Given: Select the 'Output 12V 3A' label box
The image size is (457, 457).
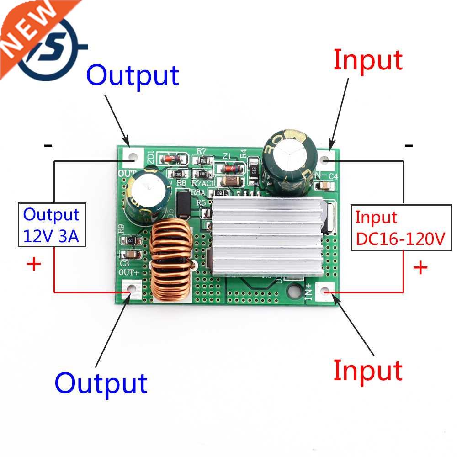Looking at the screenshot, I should coord(52,225).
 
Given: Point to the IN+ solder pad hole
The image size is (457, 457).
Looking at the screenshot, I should coord(325,292).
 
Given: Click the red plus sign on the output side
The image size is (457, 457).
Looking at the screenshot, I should coord(34,264).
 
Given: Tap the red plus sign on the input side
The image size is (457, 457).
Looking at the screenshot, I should coord(420,267).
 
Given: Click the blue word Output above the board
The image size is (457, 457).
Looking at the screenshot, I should coord(132,75).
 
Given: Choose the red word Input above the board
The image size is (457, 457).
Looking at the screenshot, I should coord(368,60).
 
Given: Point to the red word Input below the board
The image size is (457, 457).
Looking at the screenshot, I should coord(367,370).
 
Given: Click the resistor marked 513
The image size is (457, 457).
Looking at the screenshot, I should coord(254,170).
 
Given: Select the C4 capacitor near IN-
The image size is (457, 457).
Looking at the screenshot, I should coord(326,185).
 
